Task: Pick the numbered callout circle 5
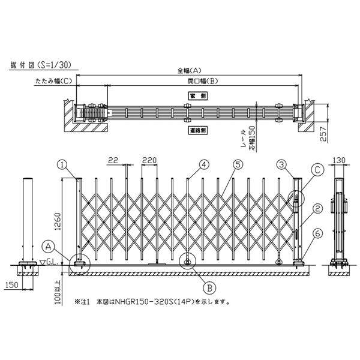click(x=238, y=163)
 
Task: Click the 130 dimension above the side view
click(x=340, y=160)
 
